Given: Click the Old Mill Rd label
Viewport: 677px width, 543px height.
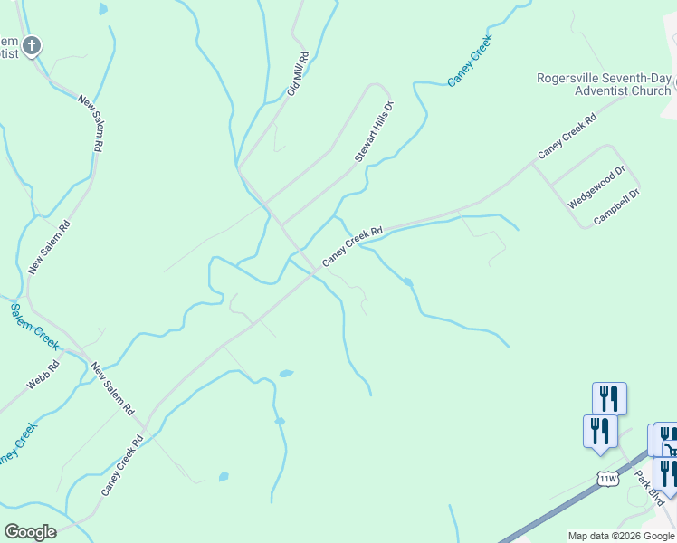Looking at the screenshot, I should [299, 74].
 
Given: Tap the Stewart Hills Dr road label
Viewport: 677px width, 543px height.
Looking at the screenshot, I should [375, 132].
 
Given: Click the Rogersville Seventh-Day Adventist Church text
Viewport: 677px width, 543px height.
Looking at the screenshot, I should [603, 84].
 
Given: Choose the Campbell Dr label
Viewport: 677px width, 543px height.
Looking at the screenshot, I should [617, 206].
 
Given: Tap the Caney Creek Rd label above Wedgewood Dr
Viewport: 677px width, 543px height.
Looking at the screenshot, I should [567, 137].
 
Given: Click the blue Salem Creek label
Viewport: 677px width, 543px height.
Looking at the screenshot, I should [34, 327].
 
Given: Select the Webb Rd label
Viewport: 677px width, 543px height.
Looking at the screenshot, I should [43, 375].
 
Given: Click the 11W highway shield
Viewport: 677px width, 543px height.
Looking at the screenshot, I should [606, 477].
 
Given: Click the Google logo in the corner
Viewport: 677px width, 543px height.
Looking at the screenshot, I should [30, 531].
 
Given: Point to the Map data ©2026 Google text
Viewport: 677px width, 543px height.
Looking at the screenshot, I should [621, 536].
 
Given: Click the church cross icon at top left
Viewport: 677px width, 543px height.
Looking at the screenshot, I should [32, 44].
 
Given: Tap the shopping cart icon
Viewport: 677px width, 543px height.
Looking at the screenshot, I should [669, 444].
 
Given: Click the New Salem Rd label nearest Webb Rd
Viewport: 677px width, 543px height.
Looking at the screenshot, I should [112, 389].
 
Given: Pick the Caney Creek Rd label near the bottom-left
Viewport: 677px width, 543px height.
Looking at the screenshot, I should [123, 466].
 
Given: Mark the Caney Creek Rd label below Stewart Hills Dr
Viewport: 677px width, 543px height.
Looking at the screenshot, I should [353, 245].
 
